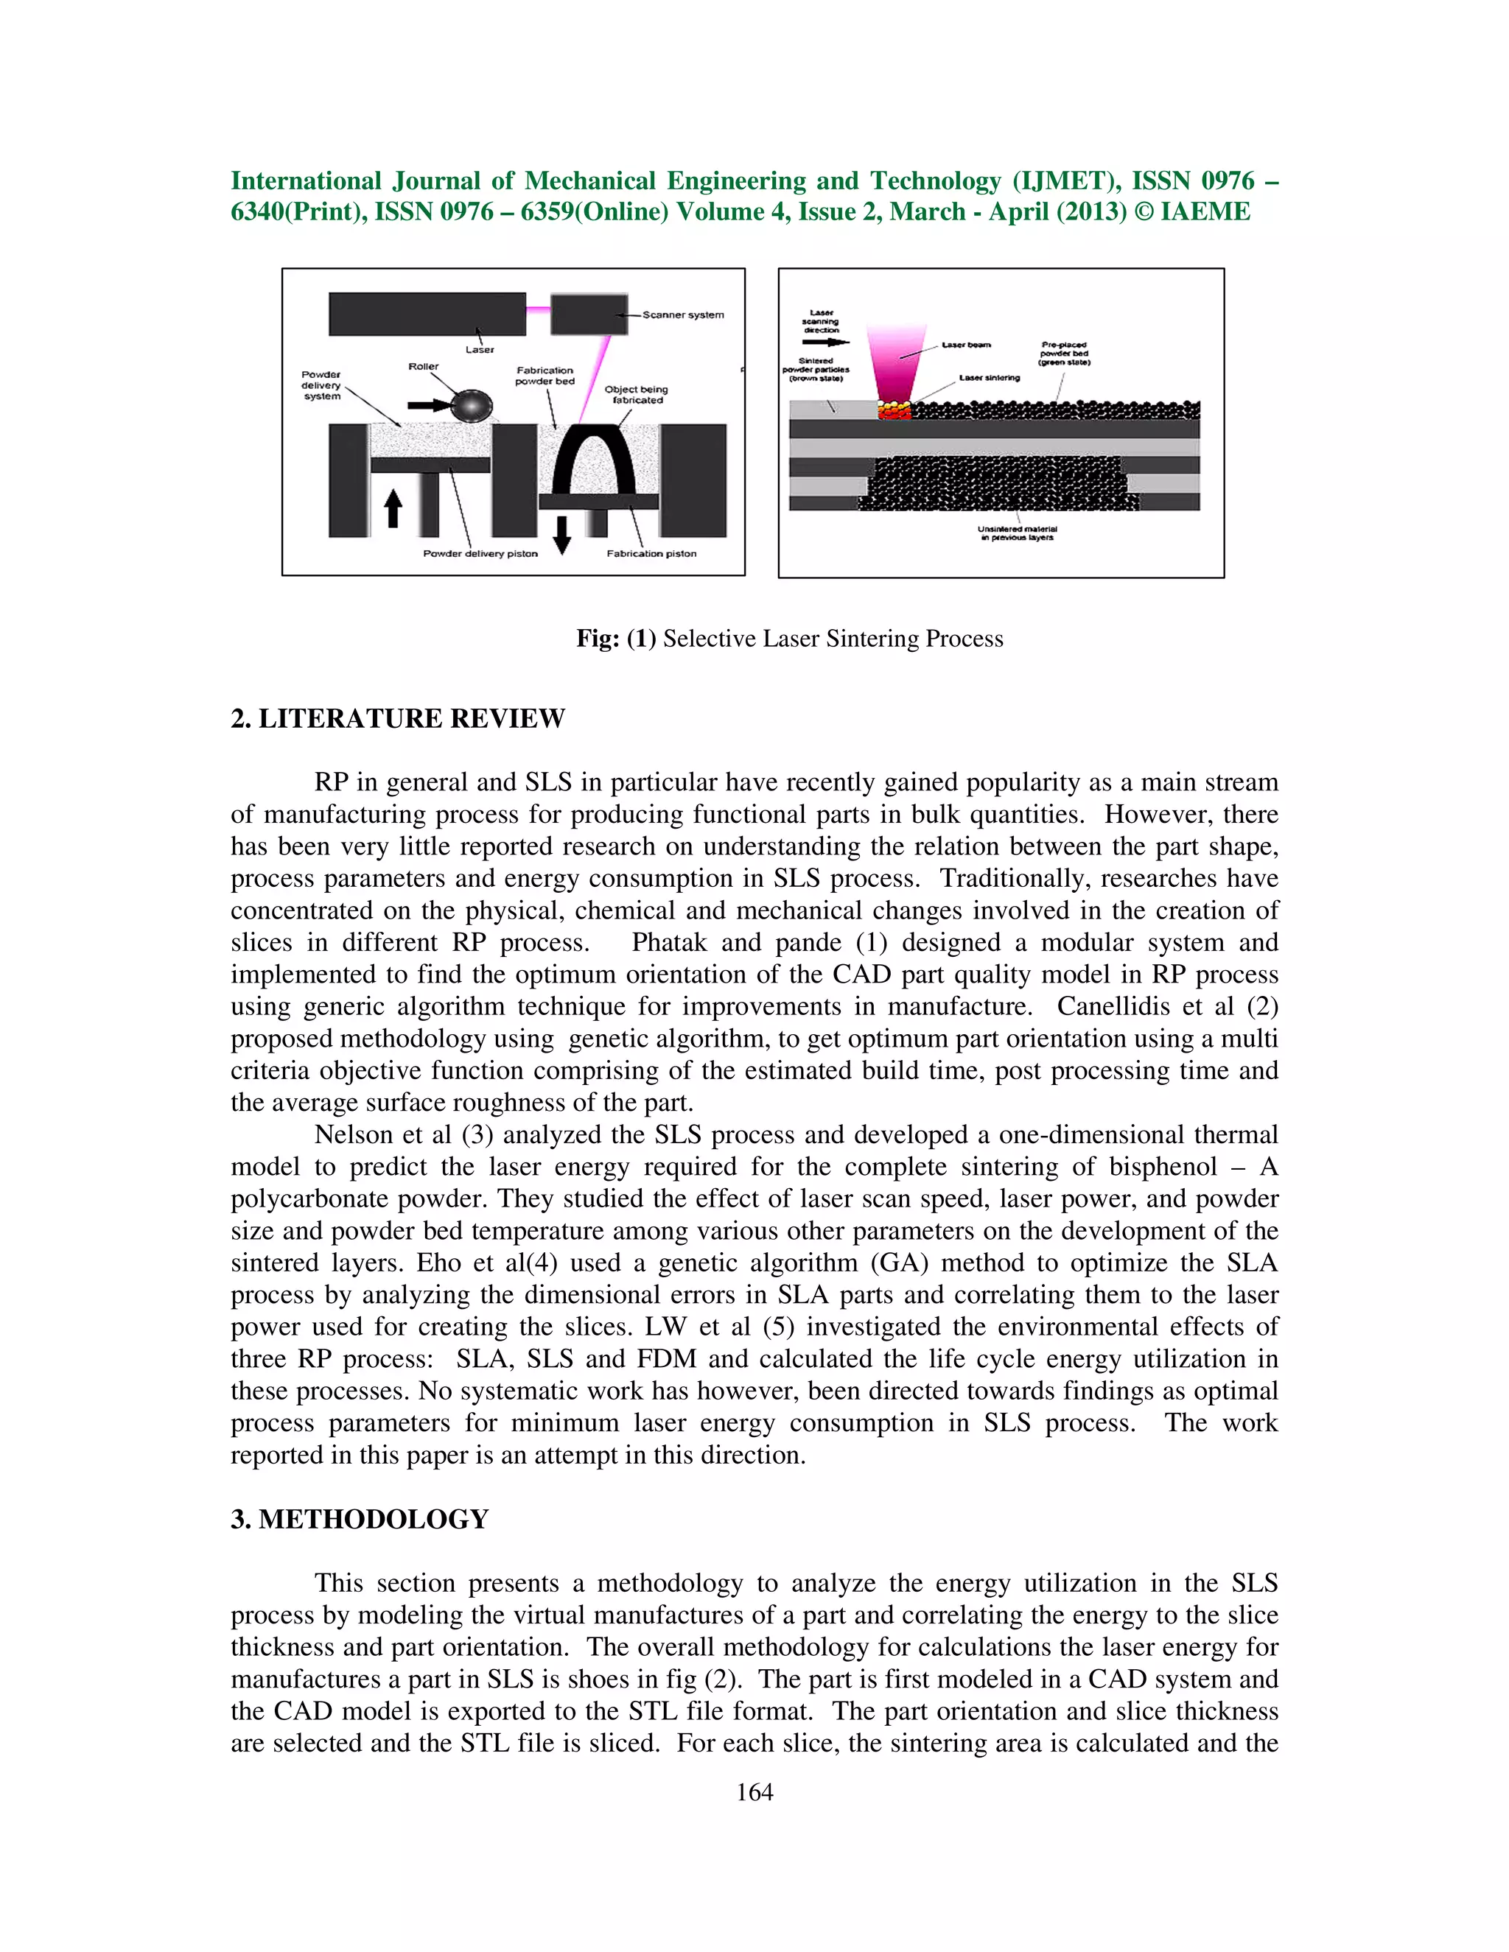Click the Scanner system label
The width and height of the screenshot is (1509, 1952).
[x=683, y=315]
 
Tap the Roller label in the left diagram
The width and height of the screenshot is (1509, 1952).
[x=423, y=366]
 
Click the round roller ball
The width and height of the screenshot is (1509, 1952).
[x=472, y=407]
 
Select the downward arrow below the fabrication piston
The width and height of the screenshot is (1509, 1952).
[x=561, y=533]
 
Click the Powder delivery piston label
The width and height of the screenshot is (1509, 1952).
[x=480, y=554]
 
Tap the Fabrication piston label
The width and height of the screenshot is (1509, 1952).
[x=651, y=554]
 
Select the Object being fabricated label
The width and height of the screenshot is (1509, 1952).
[x=636, y=394]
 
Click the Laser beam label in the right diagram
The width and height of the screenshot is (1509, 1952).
[x=967, y=345]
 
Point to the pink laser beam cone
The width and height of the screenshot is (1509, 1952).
[x=892, y=366]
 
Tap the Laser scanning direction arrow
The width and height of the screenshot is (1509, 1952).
[x=826, y=342]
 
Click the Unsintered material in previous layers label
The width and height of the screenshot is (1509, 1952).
[x=1018, y=533]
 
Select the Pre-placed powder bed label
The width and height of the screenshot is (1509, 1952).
[x=1064, y=354]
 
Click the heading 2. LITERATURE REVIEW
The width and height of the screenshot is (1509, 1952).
[x=398, y=719]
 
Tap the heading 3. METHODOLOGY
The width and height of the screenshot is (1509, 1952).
[x=360, y=1520]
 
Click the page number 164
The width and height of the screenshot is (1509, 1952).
[x=754, y=1810]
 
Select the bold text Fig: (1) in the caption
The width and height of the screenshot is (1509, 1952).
[x=616, y=639]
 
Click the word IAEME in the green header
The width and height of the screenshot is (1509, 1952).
[x=1205, y=212]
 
